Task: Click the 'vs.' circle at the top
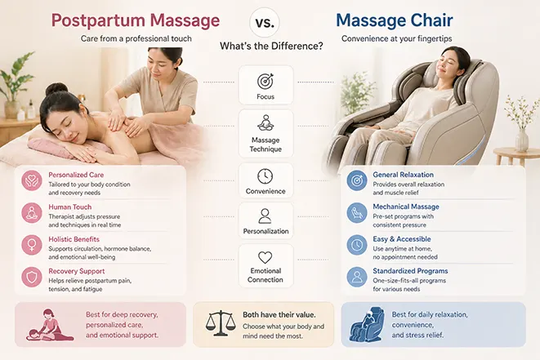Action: (x=265, y=22)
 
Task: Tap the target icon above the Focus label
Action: (x=266, y=81)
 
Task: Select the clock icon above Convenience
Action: (x=266, y=176)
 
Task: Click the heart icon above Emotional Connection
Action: (x=266, y=257)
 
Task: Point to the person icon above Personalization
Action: (x=265, y=216)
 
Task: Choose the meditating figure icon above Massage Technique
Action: (x=266, y=123)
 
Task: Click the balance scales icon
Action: (x=221, y=323)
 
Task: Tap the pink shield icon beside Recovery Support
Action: (x=32, y=277)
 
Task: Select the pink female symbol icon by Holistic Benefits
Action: (x=32, y=245)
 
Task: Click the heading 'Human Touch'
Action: (x=70, y=207)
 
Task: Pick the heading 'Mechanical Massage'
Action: (x=406, y=207)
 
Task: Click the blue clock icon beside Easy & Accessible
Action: (x=357, y=245)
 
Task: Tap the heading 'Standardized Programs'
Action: (x=410, y=271)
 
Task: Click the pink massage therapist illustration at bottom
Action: (x=51, y=325)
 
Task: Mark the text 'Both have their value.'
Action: (x=279, y=314)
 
